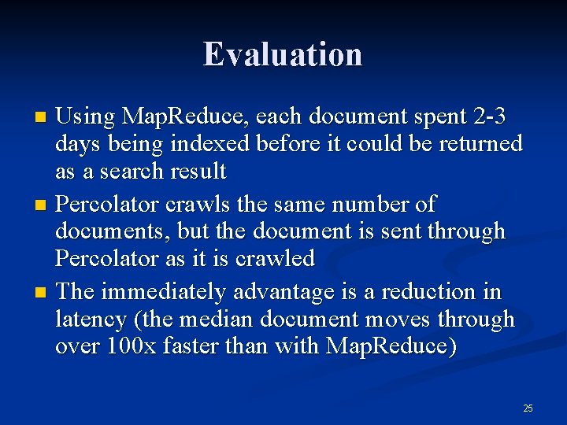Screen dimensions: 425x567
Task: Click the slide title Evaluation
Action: coord(283,54)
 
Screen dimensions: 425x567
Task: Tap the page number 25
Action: coord(528,408)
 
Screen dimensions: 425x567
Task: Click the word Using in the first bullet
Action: coord(86,116)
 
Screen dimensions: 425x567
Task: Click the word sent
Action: coord(392,231)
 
